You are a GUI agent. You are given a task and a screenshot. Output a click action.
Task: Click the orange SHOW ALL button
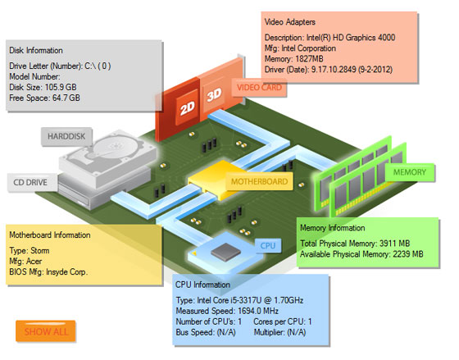tap(45, 331)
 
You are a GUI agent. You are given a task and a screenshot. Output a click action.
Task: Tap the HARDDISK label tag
tap(66, 136)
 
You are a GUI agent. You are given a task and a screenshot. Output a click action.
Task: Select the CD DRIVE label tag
tap(30, 183)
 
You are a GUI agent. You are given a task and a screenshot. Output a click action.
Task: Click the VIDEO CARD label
tap(259, 88)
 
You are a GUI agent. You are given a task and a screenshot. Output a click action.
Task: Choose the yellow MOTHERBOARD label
tap(259, 181)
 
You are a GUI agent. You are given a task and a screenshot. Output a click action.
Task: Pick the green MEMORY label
tap(410, 172)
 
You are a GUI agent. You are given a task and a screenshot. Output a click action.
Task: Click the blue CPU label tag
tap(268, 245)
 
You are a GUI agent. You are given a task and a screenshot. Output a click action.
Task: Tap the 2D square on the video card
tap(188, 107)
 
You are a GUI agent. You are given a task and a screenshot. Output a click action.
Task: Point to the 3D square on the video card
tap(214, 94)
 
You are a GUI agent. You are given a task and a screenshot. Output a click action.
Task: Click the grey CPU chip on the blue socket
tap(226, 252)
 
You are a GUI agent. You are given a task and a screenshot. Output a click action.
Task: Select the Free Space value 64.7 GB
tap(66, 98)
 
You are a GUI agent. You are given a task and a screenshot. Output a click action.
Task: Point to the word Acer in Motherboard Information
tap(34, 262)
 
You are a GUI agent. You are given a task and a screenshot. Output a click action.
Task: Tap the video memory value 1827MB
tap(309, 59)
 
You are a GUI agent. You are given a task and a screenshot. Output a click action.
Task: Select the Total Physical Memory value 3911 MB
tap(394, 244)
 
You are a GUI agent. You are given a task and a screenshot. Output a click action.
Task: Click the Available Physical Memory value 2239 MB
tap(408, 254)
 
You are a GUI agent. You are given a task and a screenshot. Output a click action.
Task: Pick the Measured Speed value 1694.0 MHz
tap(258, 311)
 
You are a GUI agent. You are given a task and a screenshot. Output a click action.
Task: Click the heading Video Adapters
tap(290, 22)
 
